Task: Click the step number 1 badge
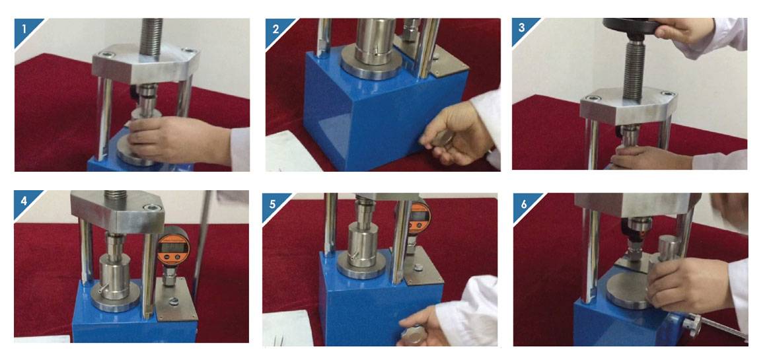[24, 30]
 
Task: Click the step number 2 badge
[275, 30]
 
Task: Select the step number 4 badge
[24, 201]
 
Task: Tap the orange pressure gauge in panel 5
[420, 217]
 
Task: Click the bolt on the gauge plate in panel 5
[418, 268]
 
